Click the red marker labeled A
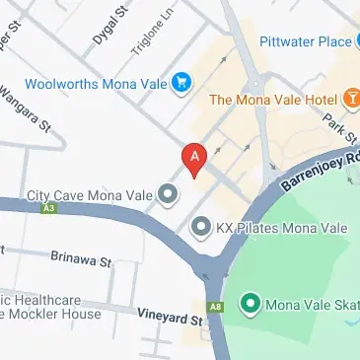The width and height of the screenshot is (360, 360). pos(194,158)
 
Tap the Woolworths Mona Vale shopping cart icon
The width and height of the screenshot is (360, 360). pos(180,83)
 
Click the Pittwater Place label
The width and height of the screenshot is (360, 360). pos(306,41)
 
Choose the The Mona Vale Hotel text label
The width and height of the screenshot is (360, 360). pos(277,99)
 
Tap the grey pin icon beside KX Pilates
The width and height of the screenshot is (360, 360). pos(201,228)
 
